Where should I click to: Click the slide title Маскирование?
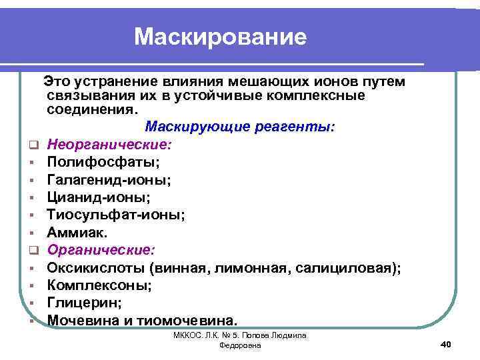pyautogui.click(x=220, y=37)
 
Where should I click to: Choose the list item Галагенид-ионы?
pyautogui.click(x=107, y=179)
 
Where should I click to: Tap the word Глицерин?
pyautogui.click(x=84, y=303)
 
